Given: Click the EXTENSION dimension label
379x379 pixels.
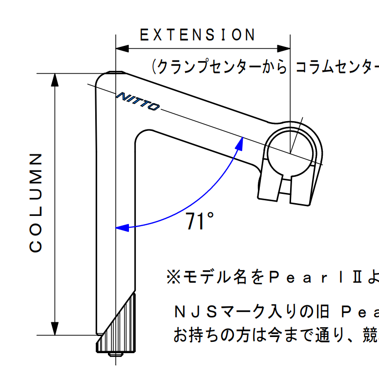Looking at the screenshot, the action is tap(197, 35).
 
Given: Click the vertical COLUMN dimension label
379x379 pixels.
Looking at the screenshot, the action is tap(36, 203).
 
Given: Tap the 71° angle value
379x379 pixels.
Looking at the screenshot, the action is tap(199, 221).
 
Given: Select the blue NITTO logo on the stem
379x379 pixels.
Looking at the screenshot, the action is tap(138, 101).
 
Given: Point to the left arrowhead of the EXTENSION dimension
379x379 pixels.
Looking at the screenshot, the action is tap(122, 48).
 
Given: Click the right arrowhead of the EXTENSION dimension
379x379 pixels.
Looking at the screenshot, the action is tap(284, 48).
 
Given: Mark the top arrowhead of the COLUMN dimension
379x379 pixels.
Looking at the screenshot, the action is tap(55, 80).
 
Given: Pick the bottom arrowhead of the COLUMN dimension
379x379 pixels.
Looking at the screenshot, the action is tap(55, 329).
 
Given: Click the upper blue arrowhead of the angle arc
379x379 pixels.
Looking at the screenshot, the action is tap(240, 144).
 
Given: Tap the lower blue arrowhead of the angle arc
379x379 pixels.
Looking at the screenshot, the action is tap(122, 228).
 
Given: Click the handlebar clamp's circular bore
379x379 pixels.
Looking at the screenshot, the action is tap(290, 154).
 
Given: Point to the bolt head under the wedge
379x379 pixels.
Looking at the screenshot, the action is tap(116, 355).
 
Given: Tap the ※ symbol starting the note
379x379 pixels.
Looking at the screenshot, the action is tap(173, 277).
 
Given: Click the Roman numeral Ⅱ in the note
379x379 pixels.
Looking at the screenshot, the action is tap(357, 277).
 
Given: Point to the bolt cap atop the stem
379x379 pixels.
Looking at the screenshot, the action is tap(116, 72).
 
